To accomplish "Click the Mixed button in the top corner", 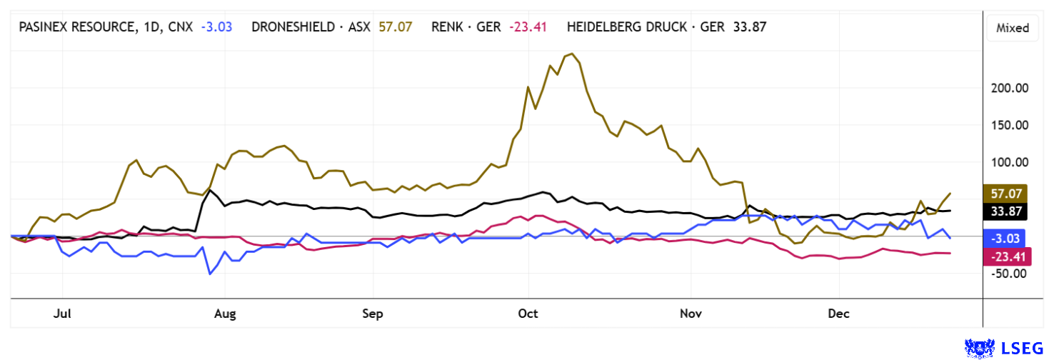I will (1012, 28).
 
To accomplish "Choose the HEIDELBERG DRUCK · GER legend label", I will (646, 28).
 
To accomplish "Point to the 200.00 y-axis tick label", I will (1008, 88).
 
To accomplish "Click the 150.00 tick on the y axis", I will (1008, 125).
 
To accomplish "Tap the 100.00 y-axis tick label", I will (1008, 162).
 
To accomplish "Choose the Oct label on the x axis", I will (528, 314).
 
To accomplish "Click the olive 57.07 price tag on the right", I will (1005, 194).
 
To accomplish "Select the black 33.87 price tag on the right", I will (1005, 211).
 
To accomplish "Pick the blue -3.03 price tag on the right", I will (1005, 239).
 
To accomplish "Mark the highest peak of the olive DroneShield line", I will (571, 54).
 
